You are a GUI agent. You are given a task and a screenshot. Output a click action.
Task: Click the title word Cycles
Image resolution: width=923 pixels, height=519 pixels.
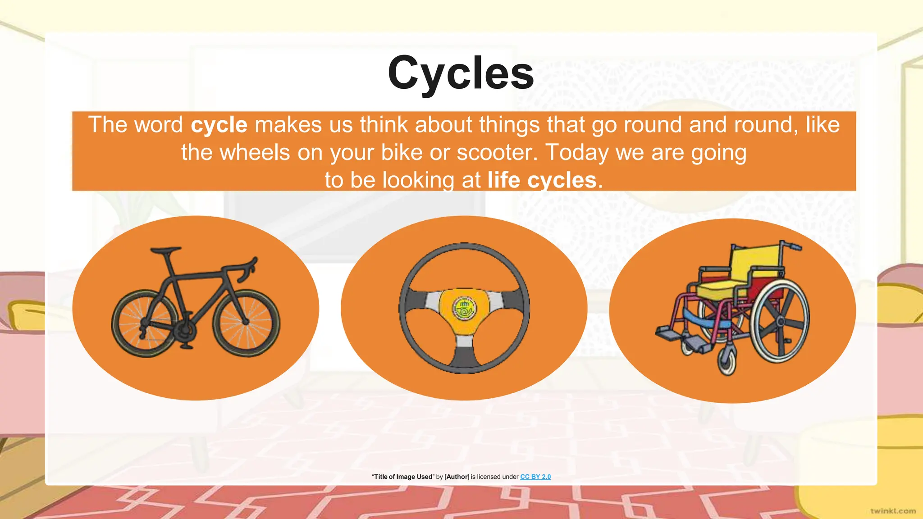(x=461, y=73)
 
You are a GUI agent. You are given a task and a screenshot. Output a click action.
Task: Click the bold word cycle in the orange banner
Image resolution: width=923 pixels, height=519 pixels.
(x=219, y=125)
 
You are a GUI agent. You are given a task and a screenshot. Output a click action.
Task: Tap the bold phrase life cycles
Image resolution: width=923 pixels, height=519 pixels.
(x=542, y=180)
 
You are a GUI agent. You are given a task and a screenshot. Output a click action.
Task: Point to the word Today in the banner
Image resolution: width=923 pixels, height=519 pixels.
(x=577, y=152)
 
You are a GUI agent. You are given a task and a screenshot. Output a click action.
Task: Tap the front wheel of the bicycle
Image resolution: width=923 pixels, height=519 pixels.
(x=246, y=323)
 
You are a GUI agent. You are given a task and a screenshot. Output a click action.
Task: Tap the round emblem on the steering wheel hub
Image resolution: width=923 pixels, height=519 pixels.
(x=464, y=309)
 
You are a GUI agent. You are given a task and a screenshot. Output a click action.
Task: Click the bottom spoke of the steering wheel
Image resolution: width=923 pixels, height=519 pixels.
(x=464, y=356)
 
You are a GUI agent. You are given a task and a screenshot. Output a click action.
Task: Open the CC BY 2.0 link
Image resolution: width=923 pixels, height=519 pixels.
(x=535, y=477)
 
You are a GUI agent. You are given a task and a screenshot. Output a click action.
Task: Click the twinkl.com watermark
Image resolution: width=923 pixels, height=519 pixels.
(x=893, y=511)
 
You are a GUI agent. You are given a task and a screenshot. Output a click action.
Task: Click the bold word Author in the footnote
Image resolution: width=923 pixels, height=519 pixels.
(x=457, y=477)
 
